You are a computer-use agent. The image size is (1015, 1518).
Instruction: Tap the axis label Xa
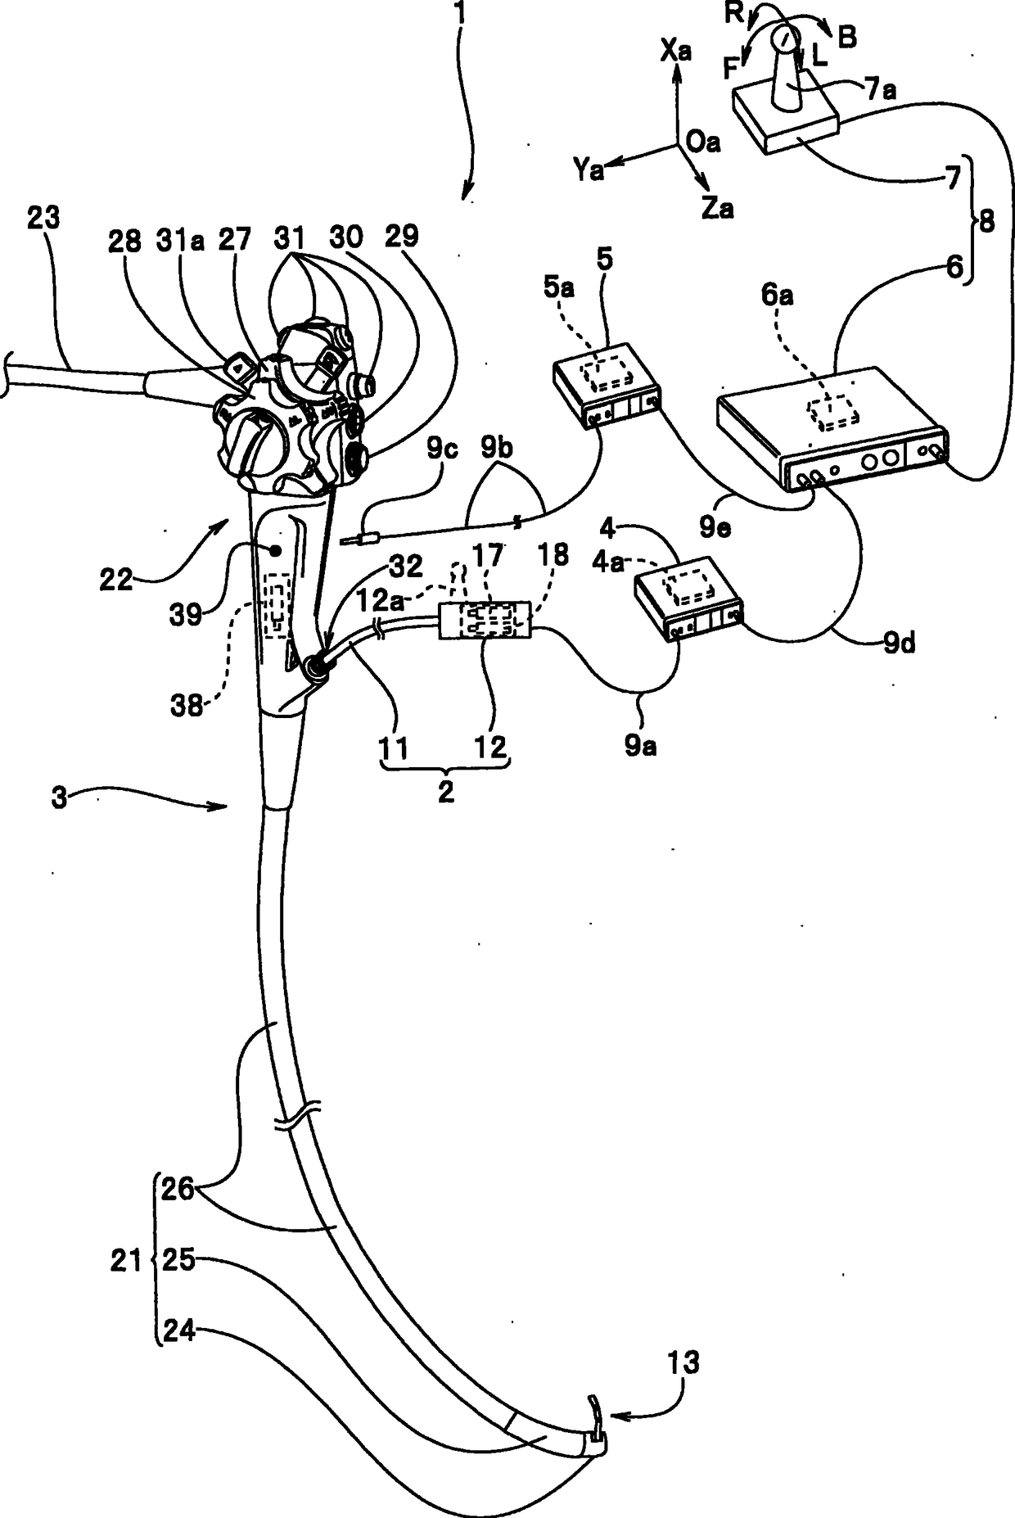676,52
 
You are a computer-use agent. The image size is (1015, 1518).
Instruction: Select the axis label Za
717,208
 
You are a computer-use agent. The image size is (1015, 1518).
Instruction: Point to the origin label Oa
703,142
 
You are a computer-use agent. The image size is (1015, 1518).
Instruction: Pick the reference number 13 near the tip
683,1363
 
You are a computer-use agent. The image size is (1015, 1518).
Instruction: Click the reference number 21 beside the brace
126,1262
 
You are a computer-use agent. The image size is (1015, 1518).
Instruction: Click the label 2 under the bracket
445,793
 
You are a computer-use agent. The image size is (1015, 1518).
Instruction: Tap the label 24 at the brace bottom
179,1332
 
